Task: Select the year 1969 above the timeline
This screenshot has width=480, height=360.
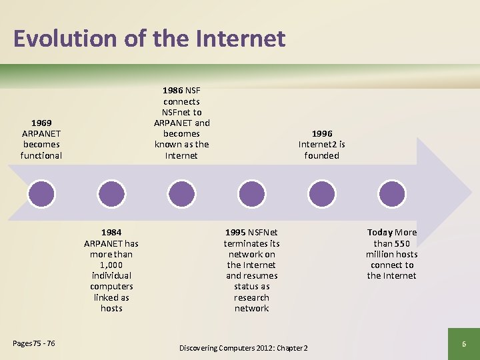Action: click(41, 123)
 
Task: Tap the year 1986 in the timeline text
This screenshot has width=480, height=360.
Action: click(173, 91)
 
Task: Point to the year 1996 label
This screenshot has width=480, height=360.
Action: click(321, 133)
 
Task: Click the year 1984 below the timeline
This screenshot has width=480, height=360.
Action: click(111, 232)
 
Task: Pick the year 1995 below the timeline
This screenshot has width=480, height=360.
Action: click(235, 232)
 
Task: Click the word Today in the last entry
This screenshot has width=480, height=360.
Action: click(380, 232)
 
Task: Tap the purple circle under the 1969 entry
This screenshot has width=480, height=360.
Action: click(41, 193)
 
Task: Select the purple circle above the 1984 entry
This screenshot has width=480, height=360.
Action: click(111, 193)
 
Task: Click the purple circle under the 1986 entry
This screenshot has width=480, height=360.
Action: click(181, 193)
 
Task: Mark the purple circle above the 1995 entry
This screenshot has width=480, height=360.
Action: click(251, 193)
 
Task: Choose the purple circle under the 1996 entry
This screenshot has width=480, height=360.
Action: click(321, 193)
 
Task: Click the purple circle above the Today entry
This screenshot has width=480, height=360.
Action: click(391, 193)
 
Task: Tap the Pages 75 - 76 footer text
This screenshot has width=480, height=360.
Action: click(34, 343)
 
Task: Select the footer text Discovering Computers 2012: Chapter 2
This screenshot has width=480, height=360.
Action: click(243, 348)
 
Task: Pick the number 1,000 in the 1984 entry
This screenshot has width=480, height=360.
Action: click(111, 265)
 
